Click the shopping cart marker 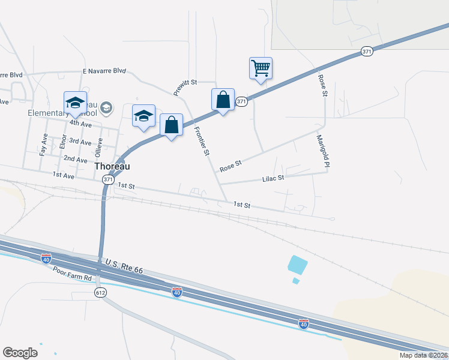tap(261, 68)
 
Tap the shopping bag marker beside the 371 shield tap(223, 99)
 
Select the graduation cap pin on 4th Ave tap(76, 103)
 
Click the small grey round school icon tap(107, 107)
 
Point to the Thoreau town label tap(112, 166)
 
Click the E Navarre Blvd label tap(104, 71)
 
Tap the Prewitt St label tap(185, 85)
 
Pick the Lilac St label tap(273, 178)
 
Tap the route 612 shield tap(100, 292)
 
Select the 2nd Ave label tap(76, 158)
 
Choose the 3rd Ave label tap(80, 142)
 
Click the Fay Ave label tap(43, 145)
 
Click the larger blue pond tap(297, 264)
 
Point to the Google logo tap(20, 353)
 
